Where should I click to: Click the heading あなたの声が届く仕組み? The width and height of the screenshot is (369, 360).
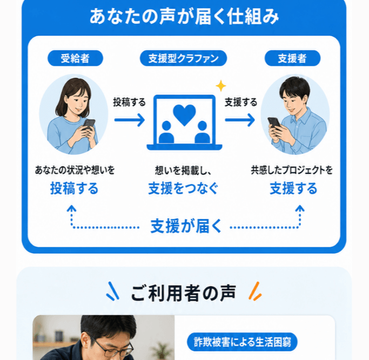coord(184,16)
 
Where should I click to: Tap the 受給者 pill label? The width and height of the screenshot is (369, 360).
coord(75,58)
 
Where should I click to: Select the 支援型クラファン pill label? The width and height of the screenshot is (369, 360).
coord(183,58)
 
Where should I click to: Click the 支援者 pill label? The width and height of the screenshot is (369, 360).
coord(292,58)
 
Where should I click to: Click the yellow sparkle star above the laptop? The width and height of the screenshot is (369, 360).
coord(221,86)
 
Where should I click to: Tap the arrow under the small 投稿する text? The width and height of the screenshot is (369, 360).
coord(130,120)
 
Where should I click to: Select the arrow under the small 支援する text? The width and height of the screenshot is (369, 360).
coord(240,120)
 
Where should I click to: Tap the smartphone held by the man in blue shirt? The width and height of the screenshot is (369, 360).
coord(274,123)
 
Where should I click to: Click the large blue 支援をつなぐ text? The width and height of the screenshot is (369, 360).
coord(183,188)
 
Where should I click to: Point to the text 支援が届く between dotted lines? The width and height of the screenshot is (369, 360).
coord(186,226)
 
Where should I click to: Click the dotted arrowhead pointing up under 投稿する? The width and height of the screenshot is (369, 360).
coord(71,208)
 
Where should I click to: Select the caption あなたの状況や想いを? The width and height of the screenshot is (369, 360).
coord(75,170)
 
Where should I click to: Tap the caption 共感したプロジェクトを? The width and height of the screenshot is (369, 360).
coord(292,170)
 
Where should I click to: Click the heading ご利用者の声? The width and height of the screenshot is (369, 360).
coord(183,293)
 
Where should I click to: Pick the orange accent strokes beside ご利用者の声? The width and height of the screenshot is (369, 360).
coord(255,291)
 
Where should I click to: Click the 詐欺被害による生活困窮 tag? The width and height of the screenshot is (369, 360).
coord(242,342)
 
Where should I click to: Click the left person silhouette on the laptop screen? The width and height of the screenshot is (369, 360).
coord(166,133)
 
